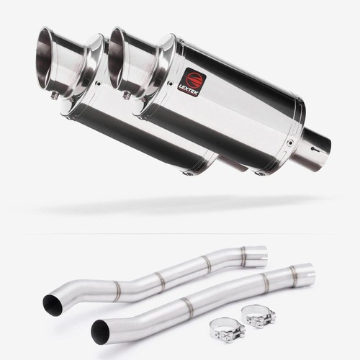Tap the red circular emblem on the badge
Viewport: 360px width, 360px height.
pos(194,78)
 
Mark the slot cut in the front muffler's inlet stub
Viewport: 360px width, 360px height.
pos(314,149)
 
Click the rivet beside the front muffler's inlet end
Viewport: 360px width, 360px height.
pos(291,143)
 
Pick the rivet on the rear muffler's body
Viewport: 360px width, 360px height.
pos(99,84)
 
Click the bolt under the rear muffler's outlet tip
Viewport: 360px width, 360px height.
pos(55,95)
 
